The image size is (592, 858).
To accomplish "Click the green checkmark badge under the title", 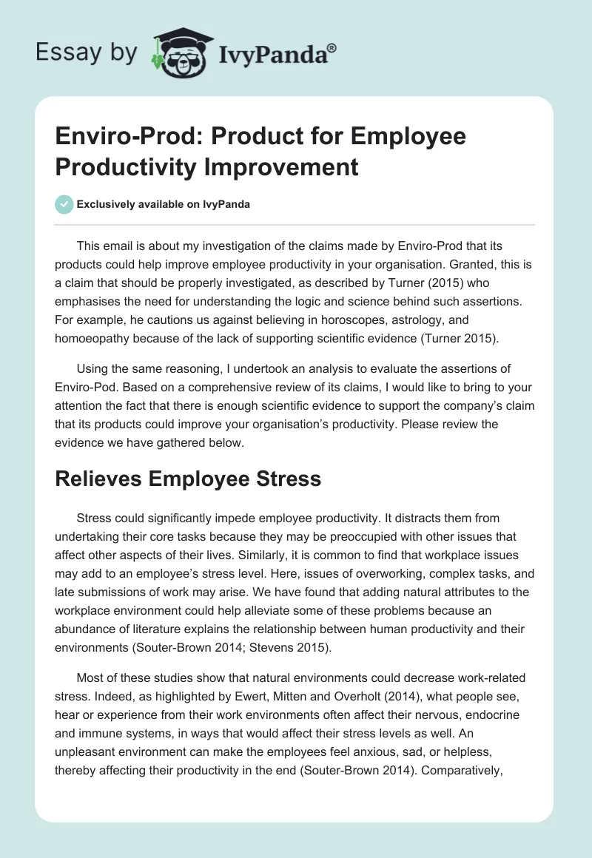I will [x=65, y=204].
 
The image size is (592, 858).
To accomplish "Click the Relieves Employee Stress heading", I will [x=189, y=479].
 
